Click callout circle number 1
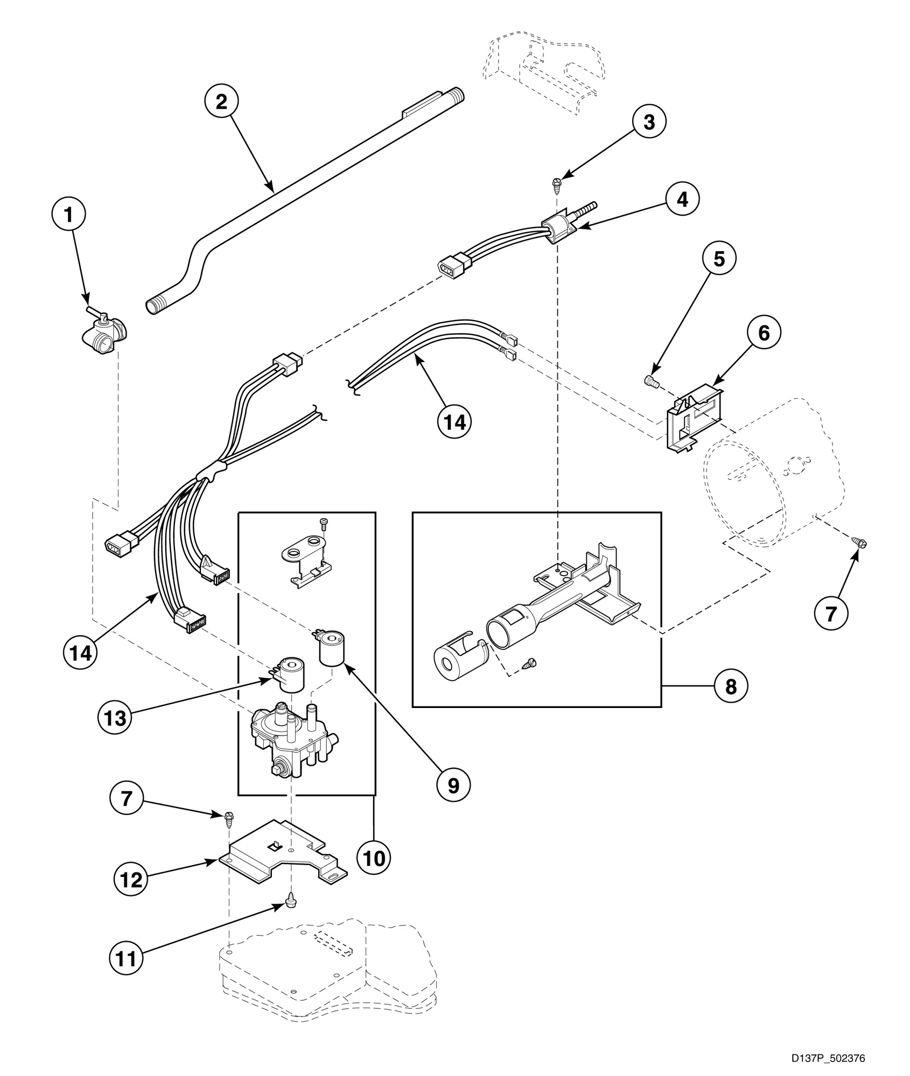[68, 215]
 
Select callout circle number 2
[221, 102]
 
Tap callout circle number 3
[649, 122]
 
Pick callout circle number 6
[764, 333]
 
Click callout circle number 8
[731, 686]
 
